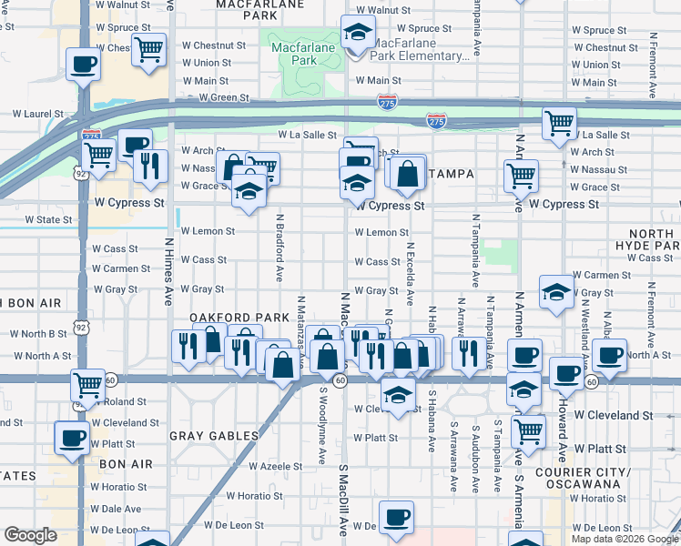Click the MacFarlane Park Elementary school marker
coord(359,34)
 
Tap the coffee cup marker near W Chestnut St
coord(84,66)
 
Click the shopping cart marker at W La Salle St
coord(558,122)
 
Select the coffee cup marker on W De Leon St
coord(395,517)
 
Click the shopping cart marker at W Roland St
coord(87,384)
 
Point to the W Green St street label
coord(224,97)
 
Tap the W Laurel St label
coord(37,115)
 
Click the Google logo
coord(31,535)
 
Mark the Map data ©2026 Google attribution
coord(625,539)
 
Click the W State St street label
coord(48,220)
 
